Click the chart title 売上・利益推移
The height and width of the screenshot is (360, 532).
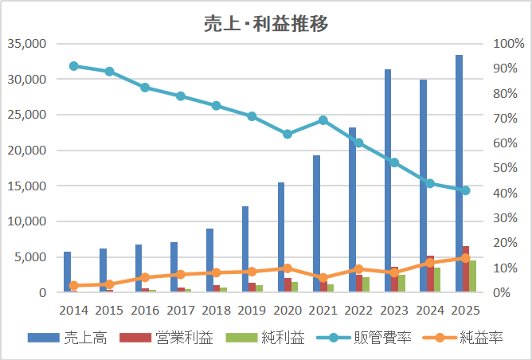coord(267,23)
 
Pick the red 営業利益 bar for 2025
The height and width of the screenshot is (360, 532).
coord(466,269)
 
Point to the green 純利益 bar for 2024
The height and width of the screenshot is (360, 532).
coord(437,280)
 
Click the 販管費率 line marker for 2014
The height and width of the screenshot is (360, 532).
coord(73,66)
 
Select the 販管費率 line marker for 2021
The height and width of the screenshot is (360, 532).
coord(323,120)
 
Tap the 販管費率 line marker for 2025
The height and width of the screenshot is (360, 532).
coord(466,190)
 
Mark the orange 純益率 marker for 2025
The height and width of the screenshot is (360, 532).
coord(466,258)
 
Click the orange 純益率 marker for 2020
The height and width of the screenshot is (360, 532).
coord(288,268)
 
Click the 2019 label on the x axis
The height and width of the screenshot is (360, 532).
coord(252,308)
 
